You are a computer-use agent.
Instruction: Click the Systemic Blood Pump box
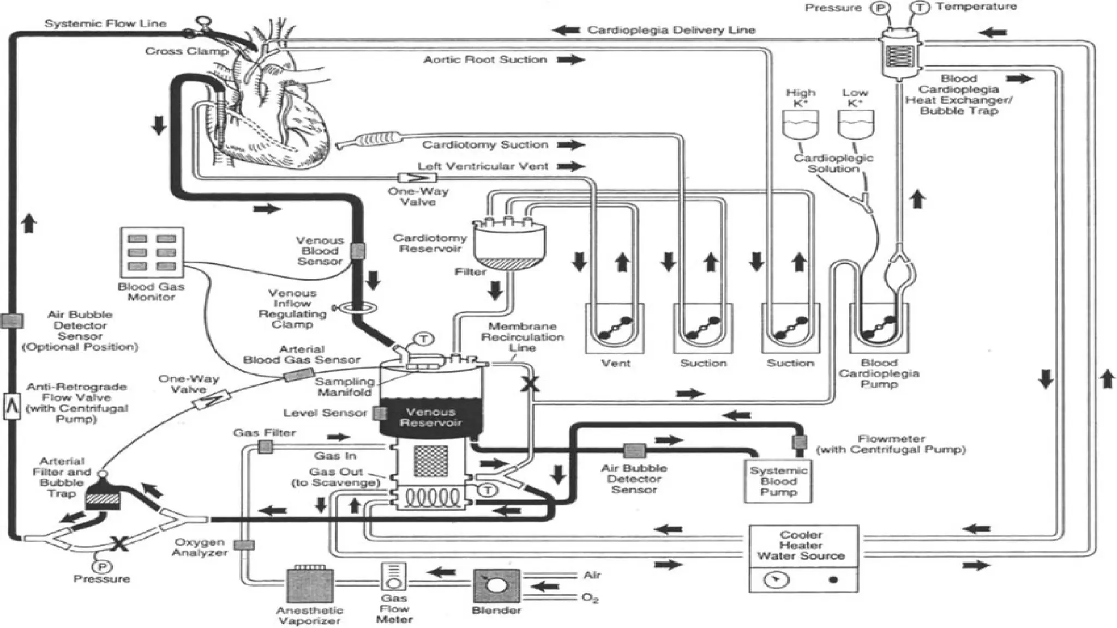(x=778, y=481)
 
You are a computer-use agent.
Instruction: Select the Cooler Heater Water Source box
(x=803, y=558)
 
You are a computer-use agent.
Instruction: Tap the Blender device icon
(x=496, y=586)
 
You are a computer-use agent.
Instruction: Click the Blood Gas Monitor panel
(x=152, y=252)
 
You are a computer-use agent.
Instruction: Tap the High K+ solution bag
(x=800, y=124)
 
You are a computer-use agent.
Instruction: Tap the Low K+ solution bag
(x=855, y=124)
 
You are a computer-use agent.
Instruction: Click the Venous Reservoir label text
(x=430, y=418)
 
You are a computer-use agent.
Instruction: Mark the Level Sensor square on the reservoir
(x=379, y=413)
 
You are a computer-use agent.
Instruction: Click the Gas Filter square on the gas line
(x=266, y=447)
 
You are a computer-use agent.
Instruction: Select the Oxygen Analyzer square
(x=244, y=545)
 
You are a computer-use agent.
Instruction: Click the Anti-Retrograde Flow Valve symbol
(x=11, y=406)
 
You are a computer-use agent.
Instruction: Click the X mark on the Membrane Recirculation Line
(x=529, y=384)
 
